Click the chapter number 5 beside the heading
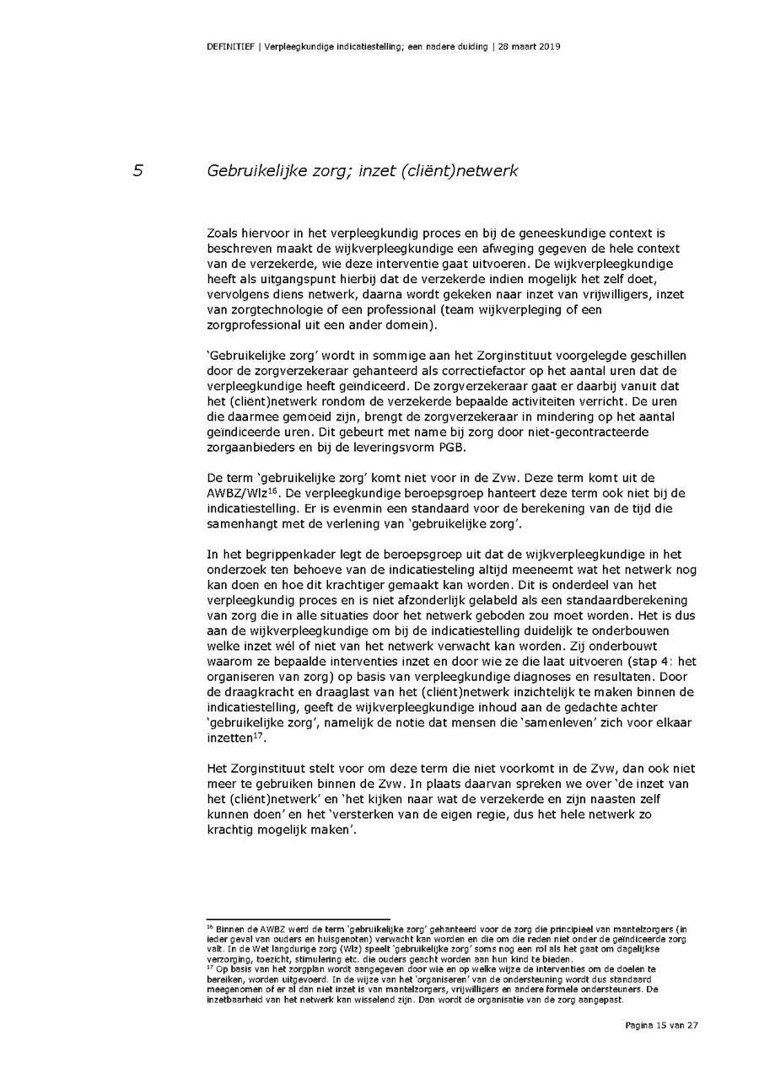click(x=138, y=171)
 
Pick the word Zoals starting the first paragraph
click(x=222, y=232)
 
